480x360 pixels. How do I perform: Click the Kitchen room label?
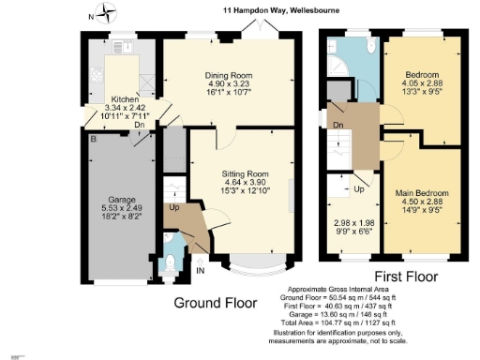126,98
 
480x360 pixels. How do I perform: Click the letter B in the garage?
92,139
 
